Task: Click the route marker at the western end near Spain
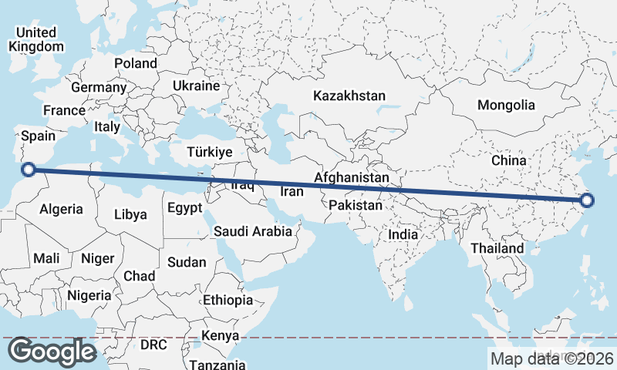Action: (28, 170)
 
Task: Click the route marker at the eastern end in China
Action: (587, 201)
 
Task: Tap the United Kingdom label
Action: (35, 39)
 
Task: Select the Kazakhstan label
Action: (349, 96)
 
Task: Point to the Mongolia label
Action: (506, 105)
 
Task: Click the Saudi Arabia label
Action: (253, 230)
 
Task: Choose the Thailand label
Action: (497, 248)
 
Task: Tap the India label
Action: (403, 234)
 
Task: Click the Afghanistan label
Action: (352, 177)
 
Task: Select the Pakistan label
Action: (356, 206)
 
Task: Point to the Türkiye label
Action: (207, 153)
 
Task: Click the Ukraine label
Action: (196, 86)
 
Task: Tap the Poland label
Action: (136, 63)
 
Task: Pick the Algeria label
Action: (61, 209)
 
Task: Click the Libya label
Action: (130, 214)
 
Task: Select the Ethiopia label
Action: (228, 300)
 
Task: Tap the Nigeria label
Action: (89, 295)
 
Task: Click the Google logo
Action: (52, 351)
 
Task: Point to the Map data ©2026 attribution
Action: (551, 358)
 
